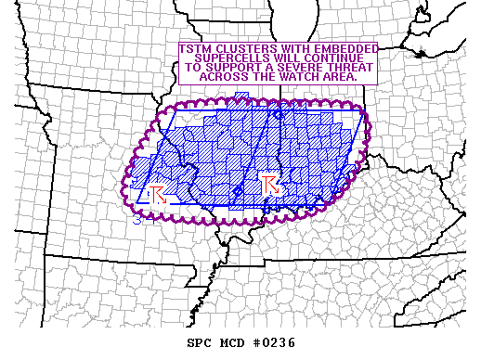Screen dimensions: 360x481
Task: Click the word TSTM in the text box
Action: (199, 48)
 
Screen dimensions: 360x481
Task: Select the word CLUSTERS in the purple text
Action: (247, 48)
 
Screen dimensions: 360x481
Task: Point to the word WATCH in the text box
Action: (304, 79)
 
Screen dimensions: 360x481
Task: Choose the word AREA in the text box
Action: (340, 79)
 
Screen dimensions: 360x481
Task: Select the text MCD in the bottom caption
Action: (229, 342)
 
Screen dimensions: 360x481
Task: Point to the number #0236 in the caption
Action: (272, 342)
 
